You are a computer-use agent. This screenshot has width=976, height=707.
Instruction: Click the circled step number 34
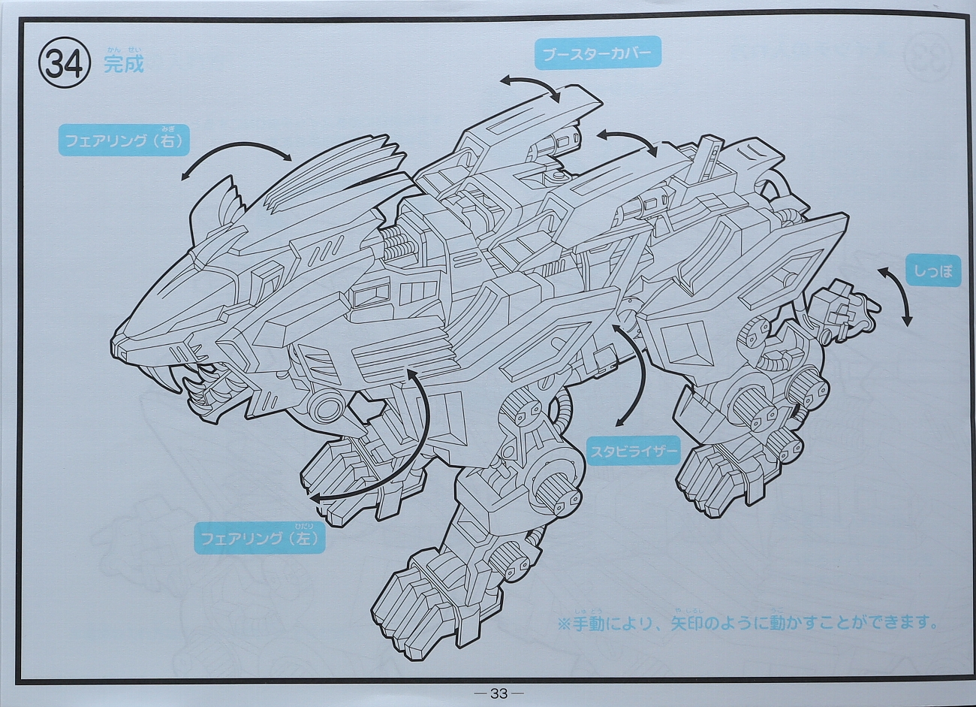(65, 64)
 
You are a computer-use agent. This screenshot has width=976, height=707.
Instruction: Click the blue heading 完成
(124, 65)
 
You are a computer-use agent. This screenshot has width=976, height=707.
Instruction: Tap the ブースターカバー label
(598, 53)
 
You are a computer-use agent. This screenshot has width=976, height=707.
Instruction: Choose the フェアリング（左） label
(260, 539)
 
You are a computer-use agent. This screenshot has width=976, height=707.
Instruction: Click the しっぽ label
(934, 271)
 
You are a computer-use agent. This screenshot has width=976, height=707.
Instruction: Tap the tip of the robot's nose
(113, 343)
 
